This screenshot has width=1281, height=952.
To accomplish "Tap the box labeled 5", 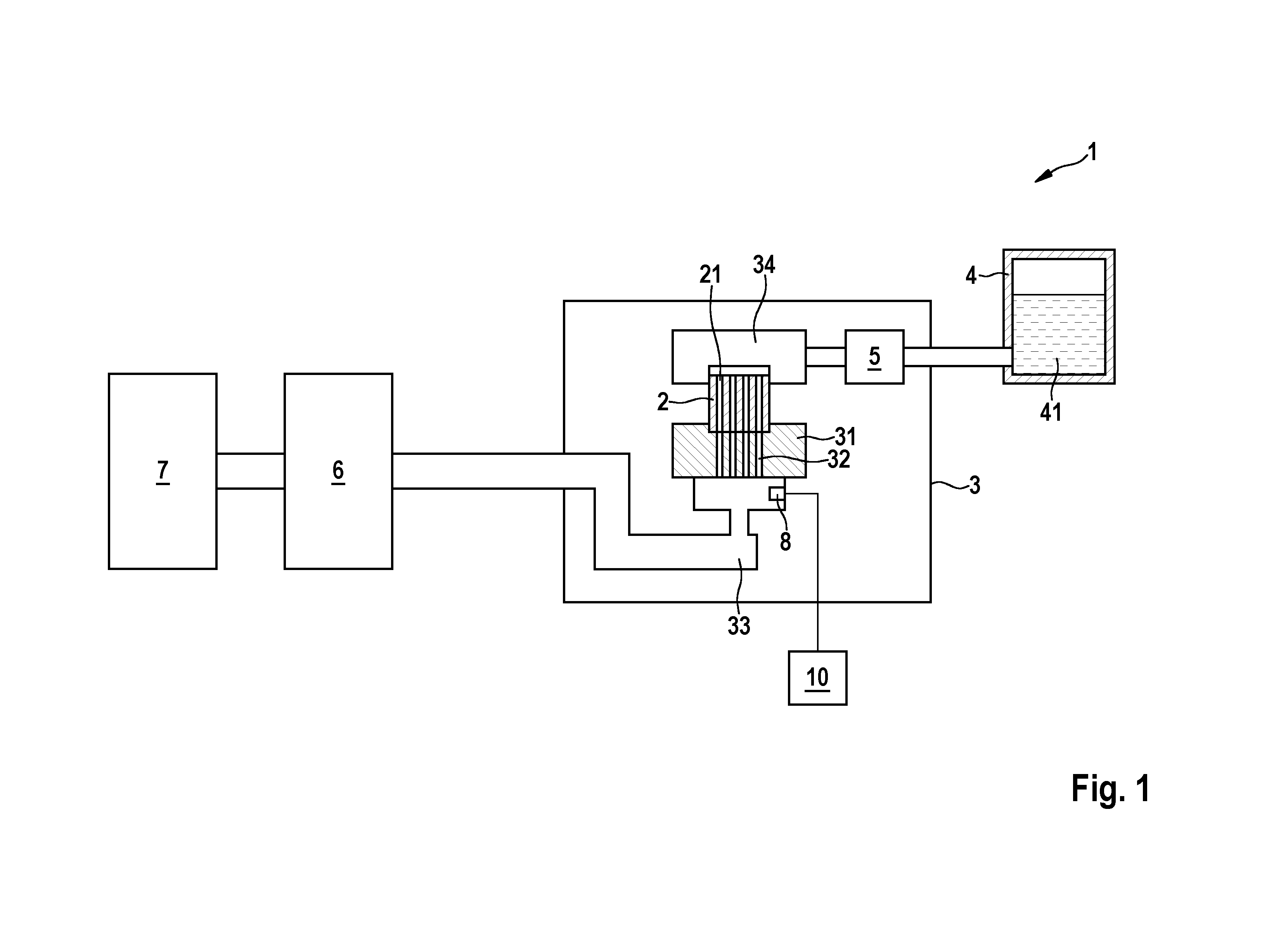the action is pos(874,357).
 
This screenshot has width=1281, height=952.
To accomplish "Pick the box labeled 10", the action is pos(817,678).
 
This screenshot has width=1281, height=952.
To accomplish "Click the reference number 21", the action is pos(710,275).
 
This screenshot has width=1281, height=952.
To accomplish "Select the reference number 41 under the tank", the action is pos(1051,412).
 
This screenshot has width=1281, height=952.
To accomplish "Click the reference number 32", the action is pos(839,459).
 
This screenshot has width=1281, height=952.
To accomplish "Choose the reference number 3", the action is pos(974,485).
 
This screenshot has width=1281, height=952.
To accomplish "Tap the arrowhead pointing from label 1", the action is pos(1040,178).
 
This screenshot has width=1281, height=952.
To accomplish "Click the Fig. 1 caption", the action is pos(1110,788).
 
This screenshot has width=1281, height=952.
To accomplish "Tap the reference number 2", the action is pos(663,402).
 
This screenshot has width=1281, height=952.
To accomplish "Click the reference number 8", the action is pos(785,542).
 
